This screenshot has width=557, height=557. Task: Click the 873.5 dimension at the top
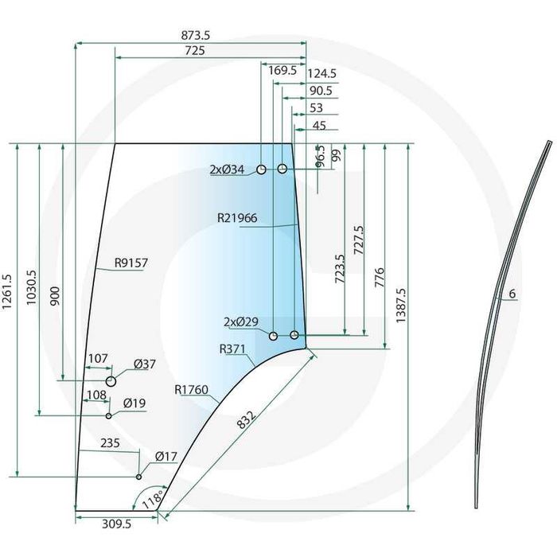(196, 36)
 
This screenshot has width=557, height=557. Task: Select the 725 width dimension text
(195, 51)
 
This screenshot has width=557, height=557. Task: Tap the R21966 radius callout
(237, 218)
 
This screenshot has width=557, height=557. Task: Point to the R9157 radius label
(131, 263)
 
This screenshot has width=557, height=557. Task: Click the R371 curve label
(232, 349)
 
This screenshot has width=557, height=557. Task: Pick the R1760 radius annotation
(191, 390)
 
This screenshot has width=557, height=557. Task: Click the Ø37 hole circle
(111, 381)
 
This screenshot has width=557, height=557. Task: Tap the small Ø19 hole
(109, 416)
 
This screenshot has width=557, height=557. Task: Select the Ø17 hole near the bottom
(139, 477)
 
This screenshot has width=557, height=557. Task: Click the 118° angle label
(153, 499)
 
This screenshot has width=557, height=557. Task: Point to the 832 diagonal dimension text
(246, 420)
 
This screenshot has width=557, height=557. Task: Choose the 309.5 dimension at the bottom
(116, 524)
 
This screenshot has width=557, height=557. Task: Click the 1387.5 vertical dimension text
(401, 305)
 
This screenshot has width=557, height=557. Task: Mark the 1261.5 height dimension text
(7, 292)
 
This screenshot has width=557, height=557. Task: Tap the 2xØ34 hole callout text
(227, 169)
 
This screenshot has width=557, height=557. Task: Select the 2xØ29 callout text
(241, 321)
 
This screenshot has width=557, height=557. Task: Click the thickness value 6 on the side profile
(512, 294)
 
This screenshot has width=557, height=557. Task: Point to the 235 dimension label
(110, 443)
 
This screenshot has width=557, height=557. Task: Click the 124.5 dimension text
(321, 73)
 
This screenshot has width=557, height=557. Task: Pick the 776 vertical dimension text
(380, 278)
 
